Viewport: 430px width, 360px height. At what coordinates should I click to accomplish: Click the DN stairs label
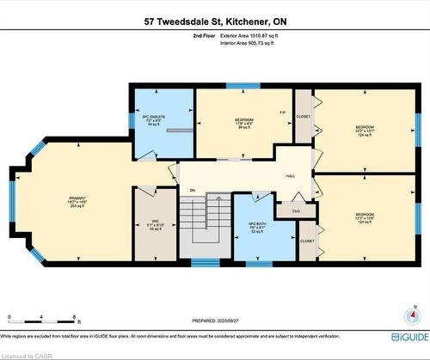(193, 191)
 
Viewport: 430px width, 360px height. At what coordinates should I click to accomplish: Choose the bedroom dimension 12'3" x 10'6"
(366, 217)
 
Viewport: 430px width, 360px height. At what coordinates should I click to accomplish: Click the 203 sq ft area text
(78, 207)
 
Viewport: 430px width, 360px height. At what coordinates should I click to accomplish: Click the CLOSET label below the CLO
(307, 241)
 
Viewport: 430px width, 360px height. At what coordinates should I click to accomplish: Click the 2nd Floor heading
(203, 37)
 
